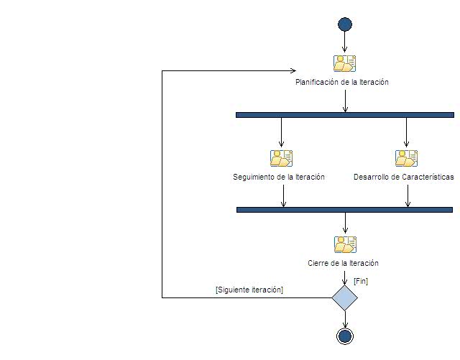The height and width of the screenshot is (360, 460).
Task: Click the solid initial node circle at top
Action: click(x=345, y=24)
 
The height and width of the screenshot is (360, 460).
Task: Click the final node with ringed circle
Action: click(x=345, y=336)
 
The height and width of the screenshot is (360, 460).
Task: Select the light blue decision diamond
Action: click(x=345, y=297)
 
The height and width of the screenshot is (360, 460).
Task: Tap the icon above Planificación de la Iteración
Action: click(x=345, y=63)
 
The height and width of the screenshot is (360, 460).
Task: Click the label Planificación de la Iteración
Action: click(x=342, y=82)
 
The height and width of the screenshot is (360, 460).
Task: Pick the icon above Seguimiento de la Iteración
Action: click(x=281, y=158)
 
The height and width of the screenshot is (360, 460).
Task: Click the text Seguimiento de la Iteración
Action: click(x=279, y=177)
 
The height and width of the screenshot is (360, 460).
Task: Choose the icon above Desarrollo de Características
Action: click(x=406, y=158)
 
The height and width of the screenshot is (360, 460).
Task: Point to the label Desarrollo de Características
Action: click(x=404, y=177)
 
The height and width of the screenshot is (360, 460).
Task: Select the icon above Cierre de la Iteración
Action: click(x=345, y=244)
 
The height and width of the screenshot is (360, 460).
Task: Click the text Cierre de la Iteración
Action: click(x=343, y=263)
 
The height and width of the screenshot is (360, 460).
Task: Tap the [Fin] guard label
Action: click(x=361, y=281)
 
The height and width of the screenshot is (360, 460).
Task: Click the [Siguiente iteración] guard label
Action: click(x=249, y=290)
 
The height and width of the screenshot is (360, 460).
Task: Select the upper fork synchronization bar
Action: click(x=345, y=114)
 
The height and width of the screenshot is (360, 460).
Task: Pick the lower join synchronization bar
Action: click(x=345, y=209)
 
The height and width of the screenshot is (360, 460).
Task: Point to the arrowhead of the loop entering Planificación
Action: click(x=293, y=70)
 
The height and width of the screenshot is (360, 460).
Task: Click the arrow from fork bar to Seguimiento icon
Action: click(x=281, y=132)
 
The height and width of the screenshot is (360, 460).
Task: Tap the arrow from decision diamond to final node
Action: click(x=345, y=319)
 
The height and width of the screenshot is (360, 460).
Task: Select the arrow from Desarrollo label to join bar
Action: click(x=408, y=195)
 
